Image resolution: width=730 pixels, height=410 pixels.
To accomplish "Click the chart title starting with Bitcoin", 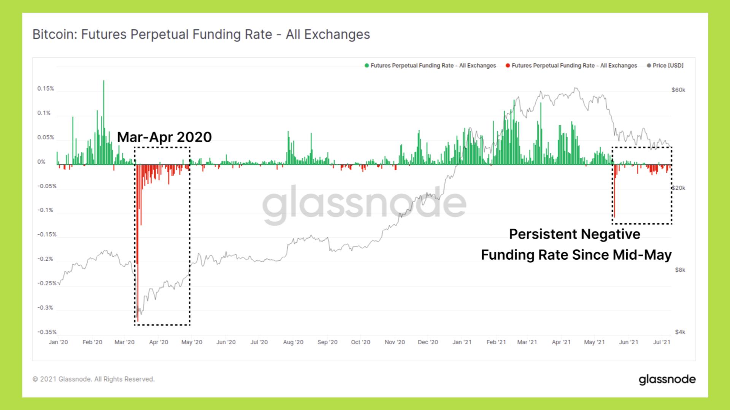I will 201,35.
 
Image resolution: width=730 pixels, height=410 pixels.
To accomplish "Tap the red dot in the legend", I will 508,66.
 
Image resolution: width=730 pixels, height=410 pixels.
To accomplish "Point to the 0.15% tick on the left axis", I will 46,89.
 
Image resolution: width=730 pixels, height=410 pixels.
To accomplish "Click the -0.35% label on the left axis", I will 47,332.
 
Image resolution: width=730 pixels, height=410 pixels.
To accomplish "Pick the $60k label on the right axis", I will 678,90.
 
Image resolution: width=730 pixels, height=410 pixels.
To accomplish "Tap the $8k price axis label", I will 680,270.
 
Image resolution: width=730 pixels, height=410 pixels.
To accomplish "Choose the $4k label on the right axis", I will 680,332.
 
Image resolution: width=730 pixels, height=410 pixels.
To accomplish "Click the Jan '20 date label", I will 59,342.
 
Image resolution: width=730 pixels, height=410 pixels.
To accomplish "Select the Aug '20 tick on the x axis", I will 293,342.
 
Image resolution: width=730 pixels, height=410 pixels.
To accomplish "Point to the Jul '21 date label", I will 662,342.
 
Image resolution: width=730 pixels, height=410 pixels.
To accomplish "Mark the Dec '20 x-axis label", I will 428,342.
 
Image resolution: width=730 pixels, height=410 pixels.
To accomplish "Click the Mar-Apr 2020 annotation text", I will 164,137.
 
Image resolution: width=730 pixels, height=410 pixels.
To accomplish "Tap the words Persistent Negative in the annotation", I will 574,234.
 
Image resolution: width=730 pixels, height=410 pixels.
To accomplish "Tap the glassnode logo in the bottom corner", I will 667,379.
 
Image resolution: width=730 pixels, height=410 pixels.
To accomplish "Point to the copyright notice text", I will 94,379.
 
